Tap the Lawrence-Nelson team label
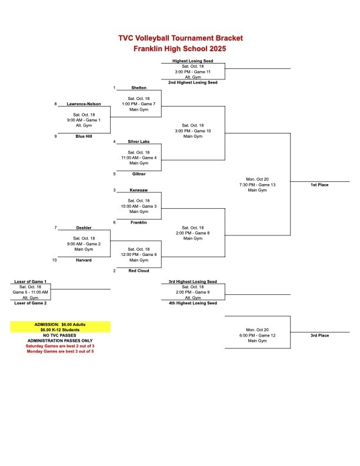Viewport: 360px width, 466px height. (x=84, y=104)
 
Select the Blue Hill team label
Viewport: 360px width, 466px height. (x=84, y=136)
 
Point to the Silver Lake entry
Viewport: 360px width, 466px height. (x=139, y=142)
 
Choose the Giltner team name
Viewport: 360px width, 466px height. (x=139, y=174)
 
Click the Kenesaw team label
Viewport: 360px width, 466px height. (x=139, y=190)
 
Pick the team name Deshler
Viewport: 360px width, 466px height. (x=84, y=228)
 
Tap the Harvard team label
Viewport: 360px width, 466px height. (x=84, y=259)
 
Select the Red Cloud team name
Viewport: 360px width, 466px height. (x=139, y=271)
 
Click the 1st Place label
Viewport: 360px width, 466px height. (x=319, y=185)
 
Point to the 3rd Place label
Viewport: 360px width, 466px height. (x=319, y=335)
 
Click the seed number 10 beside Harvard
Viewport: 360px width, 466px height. (x=55, y=259)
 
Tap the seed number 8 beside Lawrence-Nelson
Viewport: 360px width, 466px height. (x=55, y=104)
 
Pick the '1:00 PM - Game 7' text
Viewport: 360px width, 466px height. (x=139, y=104)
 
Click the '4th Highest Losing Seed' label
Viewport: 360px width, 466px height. (x=193, y=303)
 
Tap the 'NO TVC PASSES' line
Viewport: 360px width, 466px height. (x=60, y=335)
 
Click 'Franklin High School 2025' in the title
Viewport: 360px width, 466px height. (x=180, y=48)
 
